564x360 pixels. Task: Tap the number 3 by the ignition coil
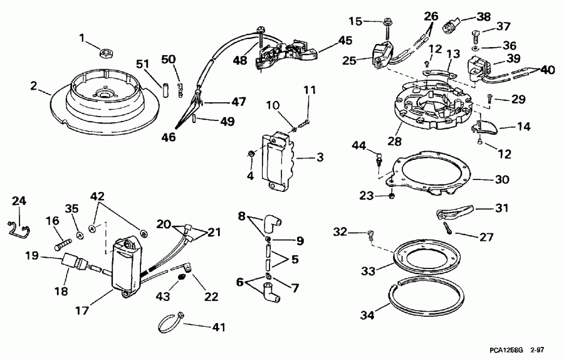[320, 157]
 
